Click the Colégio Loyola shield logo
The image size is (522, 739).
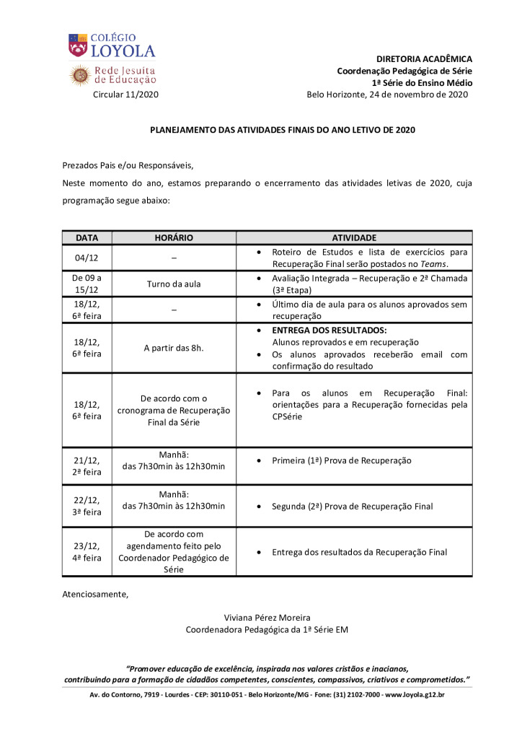tap(78, 45)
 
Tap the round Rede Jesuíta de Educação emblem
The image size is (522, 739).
tap(79, 75)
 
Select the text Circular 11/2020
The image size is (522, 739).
tap(126, 95)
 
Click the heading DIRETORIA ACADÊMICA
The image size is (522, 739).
tap(424, 58)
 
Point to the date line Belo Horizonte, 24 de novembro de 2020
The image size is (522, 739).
tap(387, 95)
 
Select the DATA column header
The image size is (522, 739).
tap(87, 237)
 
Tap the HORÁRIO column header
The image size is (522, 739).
tap(174, 237)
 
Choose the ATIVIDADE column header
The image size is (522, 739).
tap(354, 237)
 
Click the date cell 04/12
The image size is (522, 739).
tap(87, 258)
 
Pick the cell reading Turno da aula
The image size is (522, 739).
tap(174, 284)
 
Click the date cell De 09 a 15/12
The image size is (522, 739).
tap(87, 284)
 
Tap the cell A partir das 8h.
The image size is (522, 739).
tap(174, 348)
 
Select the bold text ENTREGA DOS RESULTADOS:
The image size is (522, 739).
tap(329, 330)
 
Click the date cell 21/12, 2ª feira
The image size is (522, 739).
tap(87, 466)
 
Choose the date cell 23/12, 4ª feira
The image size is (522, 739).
tap(87, 552)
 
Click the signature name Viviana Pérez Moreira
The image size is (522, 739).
tap(267, 618)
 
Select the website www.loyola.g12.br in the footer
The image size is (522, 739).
tap(415, 695)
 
